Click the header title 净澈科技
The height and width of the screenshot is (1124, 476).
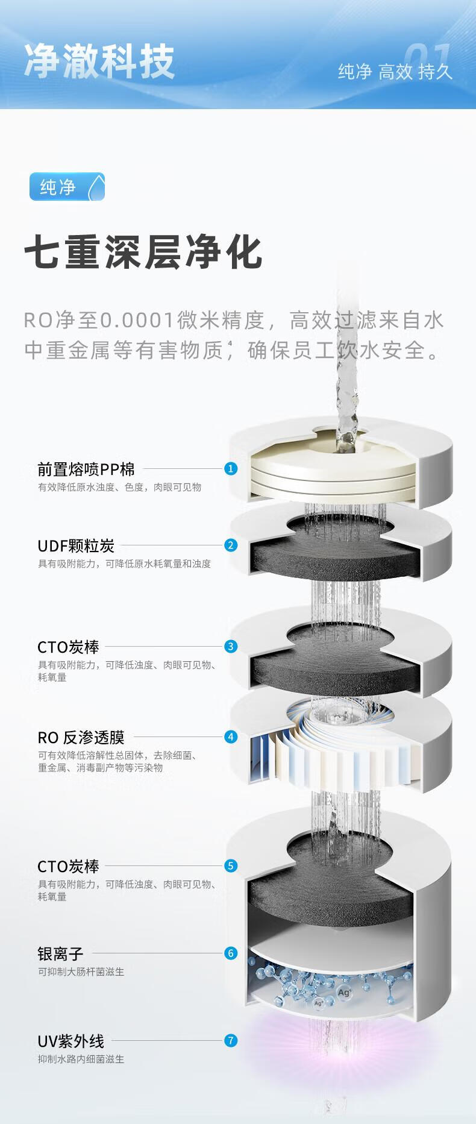pos(99,61)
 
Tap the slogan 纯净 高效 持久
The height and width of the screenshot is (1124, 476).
pos(395,72)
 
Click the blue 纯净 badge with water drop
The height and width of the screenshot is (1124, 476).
pos(67,187)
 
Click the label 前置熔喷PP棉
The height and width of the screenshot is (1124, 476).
pos(86,469)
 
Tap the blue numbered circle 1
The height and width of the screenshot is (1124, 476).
pos(231,469)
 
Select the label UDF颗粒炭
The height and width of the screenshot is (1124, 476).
pos(76,546)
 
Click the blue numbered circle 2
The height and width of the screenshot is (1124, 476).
pos(231,545)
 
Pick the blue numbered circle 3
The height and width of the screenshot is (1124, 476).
pos(231,647)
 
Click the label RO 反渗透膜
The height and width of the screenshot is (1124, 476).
pos(81,737)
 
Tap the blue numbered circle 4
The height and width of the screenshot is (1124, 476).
pos(231,736)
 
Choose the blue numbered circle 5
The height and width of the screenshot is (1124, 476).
pos(231,866)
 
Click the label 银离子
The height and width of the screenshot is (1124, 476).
pos(60,953)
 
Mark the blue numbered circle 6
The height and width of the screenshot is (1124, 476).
pos(231,953)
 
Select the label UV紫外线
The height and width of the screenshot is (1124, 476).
pos(70,1041)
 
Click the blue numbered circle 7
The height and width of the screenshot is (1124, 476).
pos(231,1040)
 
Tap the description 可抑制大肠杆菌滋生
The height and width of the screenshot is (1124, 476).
pos(81,972)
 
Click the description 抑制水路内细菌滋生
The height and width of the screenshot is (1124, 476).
pos(81,1059)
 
